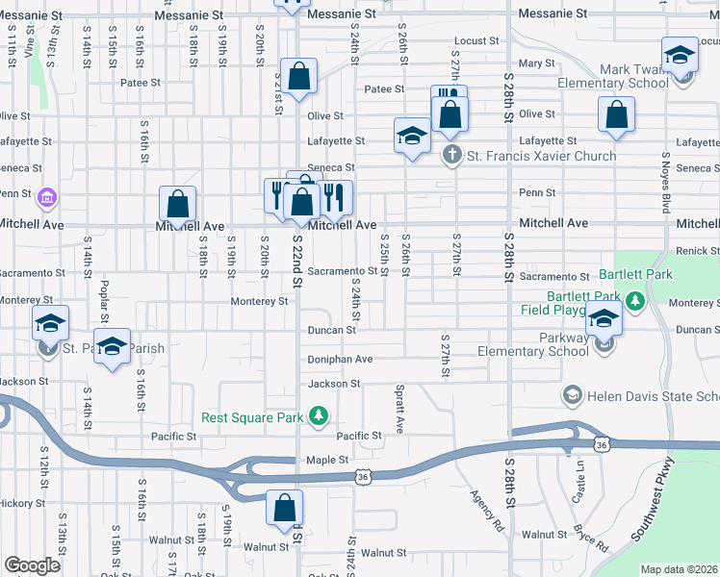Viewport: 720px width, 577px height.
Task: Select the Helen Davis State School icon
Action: [x=572, y=396]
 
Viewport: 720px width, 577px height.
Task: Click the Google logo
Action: [x=32, y=565]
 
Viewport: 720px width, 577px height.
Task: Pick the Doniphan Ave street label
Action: [x=340, y=359]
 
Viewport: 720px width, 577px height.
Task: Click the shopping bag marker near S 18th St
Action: [x=177, y=204]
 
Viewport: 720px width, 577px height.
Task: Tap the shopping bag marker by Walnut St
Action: [x=285, y=509]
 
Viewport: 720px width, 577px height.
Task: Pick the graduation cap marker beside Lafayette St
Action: [x=412, y=136]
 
